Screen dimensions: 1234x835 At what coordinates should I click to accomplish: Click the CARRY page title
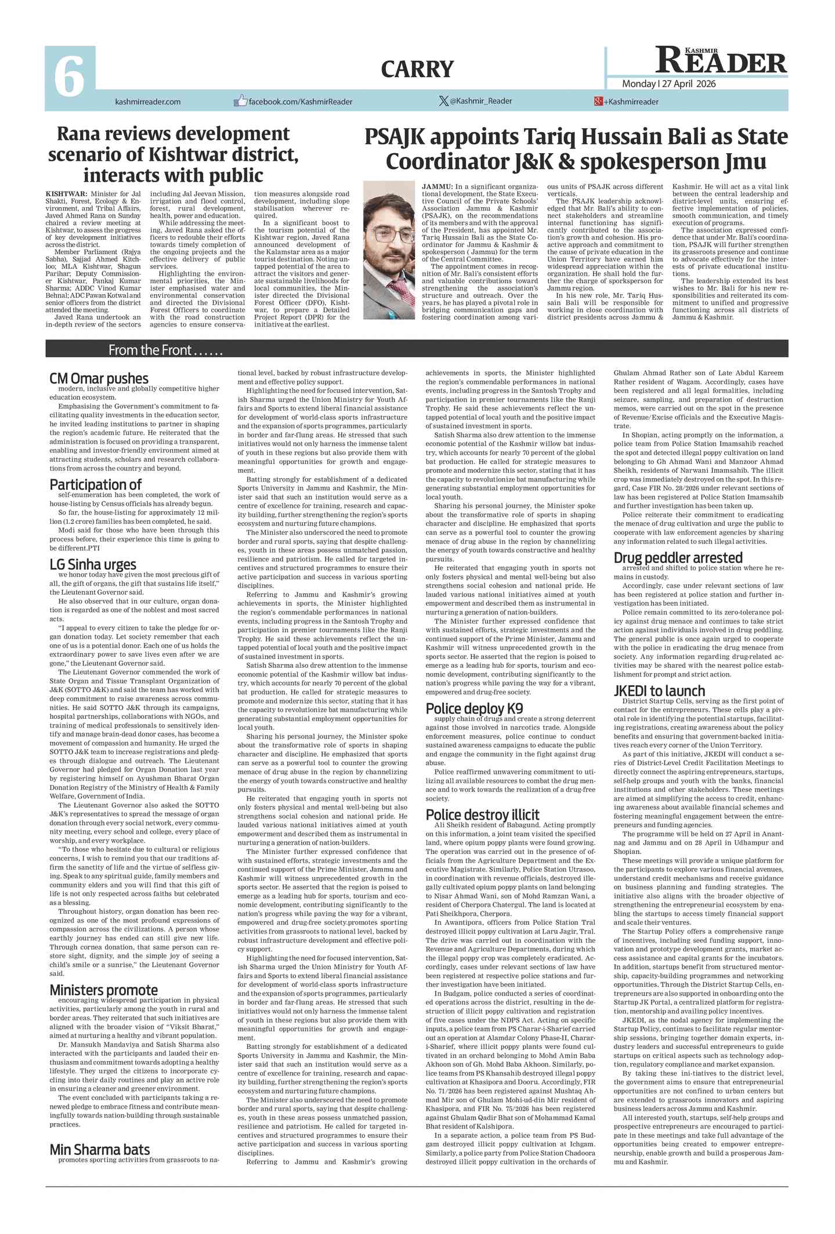click(417, 70)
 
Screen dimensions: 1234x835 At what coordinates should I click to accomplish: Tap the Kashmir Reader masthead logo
click(721, 60)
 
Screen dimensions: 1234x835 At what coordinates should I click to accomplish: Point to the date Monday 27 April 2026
click(668, 84)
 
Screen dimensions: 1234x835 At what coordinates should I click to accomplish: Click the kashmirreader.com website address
click(148, 102)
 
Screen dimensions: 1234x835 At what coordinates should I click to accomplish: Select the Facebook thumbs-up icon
click(240, 101)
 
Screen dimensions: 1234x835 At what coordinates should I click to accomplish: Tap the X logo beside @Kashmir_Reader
click(444, 101)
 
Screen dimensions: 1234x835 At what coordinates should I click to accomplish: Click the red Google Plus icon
click(598, 102)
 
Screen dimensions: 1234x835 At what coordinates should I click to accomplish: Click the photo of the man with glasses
click(389, 250)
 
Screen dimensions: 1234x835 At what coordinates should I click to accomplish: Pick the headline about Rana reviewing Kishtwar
click(173, 154)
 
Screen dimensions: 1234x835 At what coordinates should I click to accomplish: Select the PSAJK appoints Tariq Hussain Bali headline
click(576, 149)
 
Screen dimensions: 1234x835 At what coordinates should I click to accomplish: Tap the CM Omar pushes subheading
click(99, 378)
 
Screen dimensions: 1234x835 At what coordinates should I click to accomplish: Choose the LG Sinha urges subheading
click(93, 564)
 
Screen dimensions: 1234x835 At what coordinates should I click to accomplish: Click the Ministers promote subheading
click(103, 989)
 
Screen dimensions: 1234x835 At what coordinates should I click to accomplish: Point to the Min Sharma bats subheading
click(99, 1149)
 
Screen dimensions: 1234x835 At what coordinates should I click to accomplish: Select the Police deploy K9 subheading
click(474, 708)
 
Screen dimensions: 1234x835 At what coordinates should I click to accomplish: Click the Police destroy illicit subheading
click(482, 814)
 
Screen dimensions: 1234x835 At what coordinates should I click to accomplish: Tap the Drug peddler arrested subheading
click(678, 557)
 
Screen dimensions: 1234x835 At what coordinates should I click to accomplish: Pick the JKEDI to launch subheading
click(659, 690)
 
